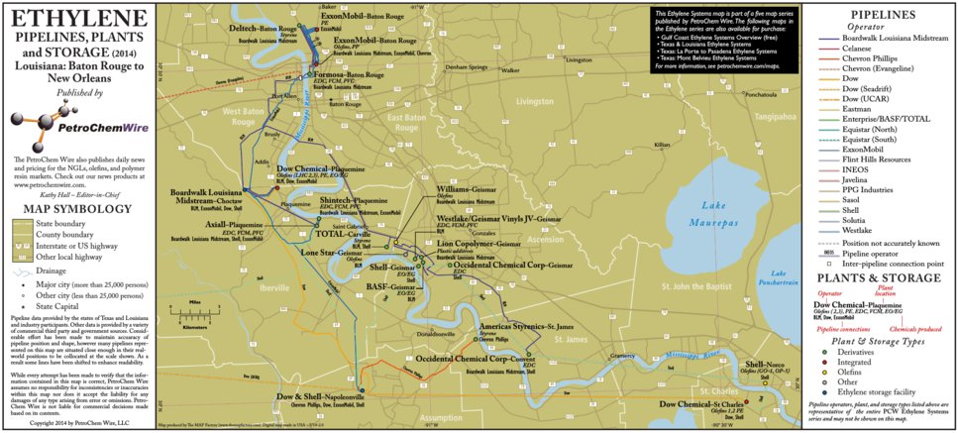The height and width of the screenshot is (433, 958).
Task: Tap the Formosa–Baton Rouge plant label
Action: (347, 74)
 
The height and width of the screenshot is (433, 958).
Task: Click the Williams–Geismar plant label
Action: (468, 188)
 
